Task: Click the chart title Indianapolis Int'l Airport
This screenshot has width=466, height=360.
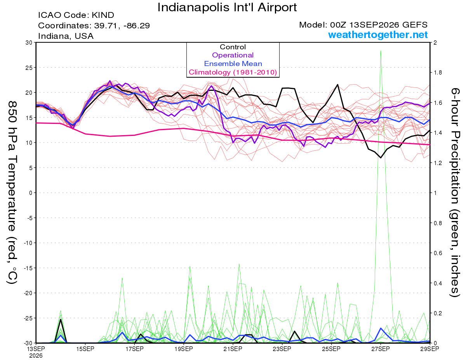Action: tap(227, 7)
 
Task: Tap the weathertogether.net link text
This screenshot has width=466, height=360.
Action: tap(378, 35)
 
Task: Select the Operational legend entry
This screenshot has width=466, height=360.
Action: tap(233, 55)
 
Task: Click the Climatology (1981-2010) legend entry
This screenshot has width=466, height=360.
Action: tap(233, 72)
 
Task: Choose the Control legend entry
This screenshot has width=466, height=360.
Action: tap(233, 47)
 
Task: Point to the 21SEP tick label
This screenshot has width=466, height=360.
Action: tap(233, 349)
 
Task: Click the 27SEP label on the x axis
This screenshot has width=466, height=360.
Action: tap(381, 349)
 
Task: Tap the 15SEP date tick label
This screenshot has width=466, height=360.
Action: tap(85, 349)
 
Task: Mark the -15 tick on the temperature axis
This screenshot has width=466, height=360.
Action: tap(28, 268)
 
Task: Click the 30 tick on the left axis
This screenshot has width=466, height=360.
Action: tap(29, 42)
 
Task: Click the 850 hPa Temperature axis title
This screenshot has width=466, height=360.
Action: tap(12, 193)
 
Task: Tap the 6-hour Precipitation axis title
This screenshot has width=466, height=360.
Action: tap(455, 193)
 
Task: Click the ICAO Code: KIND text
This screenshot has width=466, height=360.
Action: tap(76, 15)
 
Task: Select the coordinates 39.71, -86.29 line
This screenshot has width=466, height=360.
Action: tap(94, 26)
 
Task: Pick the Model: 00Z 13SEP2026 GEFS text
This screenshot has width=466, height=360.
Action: tap(363, 24)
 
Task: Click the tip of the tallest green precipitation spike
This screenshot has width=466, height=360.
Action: tap(381, 51)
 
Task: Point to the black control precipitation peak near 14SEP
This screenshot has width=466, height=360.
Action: tap(61, 320)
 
